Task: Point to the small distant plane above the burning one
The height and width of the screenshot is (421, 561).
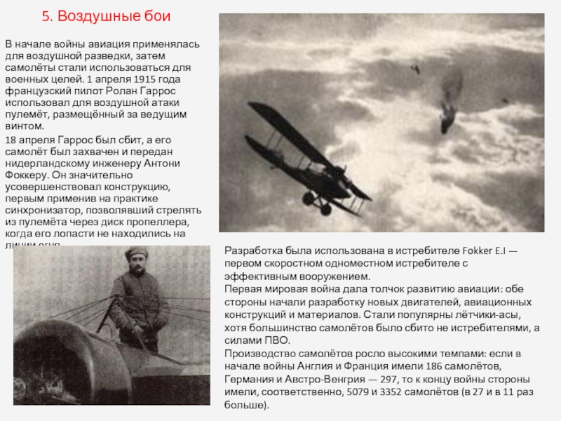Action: click(x=415, y=68)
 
